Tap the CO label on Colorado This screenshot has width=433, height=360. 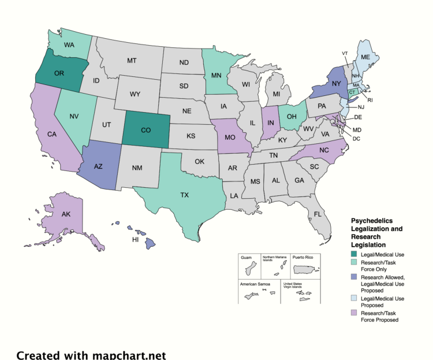(146, 131)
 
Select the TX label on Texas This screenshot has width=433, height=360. (184, 195)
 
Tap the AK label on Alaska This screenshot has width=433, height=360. (66, 214)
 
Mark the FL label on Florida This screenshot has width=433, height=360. (318, 214)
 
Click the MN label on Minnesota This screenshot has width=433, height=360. (216, 75)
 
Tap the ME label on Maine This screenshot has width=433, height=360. (365, 57)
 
